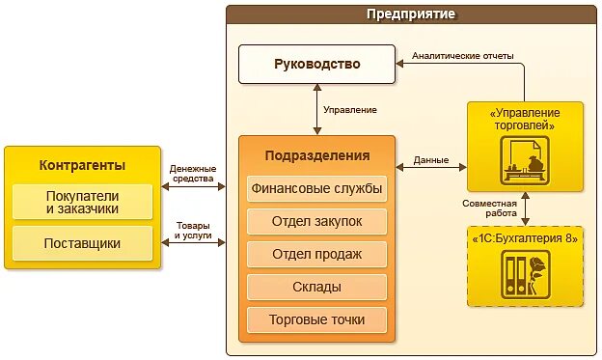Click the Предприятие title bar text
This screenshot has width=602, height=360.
click(411, 14)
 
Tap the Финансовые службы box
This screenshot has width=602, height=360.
click(316, 188)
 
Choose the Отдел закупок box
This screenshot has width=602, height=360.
click(316, 221)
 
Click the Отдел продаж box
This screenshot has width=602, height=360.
click(316, 254)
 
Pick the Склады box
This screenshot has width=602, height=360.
click(316, 287)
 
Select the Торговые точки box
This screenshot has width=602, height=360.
click(316, 319)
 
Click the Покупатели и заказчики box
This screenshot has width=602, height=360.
click(83, 202)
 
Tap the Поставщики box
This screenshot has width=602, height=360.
click(83, 242)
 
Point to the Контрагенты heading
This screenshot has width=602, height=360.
click(83, 164)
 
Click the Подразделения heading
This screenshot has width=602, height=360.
click(316, 155)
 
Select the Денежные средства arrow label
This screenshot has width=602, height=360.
click(193, 174)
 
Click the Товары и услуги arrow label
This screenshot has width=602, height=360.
click(193, 231)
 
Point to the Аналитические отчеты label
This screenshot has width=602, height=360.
click(463, 56)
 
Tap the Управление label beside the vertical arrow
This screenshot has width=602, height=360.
click(350, 110)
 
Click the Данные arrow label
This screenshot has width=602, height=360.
click(430, 159)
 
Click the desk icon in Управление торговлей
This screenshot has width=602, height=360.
click(526, 160)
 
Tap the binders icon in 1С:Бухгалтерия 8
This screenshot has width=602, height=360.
click(526, 275)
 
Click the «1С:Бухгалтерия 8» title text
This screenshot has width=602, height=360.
click(526, 237)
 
